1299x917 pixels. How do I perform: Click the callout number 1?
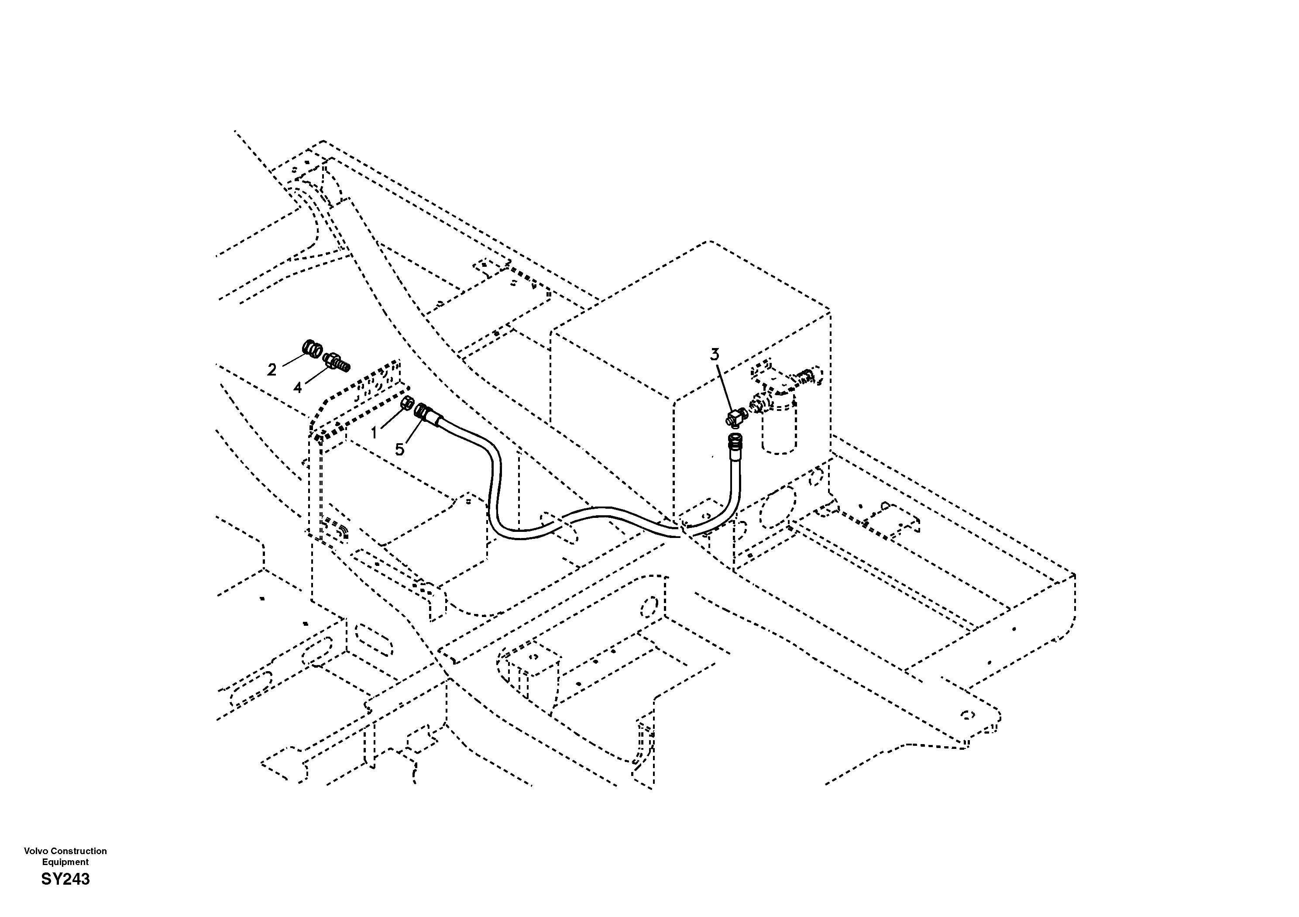pyautogui.click(x=373, y=434)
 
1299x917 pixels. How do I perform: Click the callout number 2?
pyautogui.click(x=271, y=369)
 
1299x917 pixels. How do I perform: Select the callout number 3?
pyautogui.click(x=715, y=355)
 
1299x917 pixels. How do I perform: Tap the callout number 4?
pyautogui.click(x=298, y=388)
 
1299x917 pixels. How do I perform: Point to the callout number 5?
pyautogui.click(x=399, y=450)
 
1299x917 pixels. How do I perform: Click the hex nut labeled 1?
pyautogui.click(x=406, y=403)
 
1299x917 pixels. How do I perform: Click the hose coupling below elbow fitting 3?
pyautogui.click(x=735, y=443)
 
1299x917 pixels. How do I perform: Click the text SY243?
pyautogui.click(x=65, y=879)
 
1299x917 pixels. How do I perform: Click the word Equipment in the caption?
pyautogui.click(x=65, y=862)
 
